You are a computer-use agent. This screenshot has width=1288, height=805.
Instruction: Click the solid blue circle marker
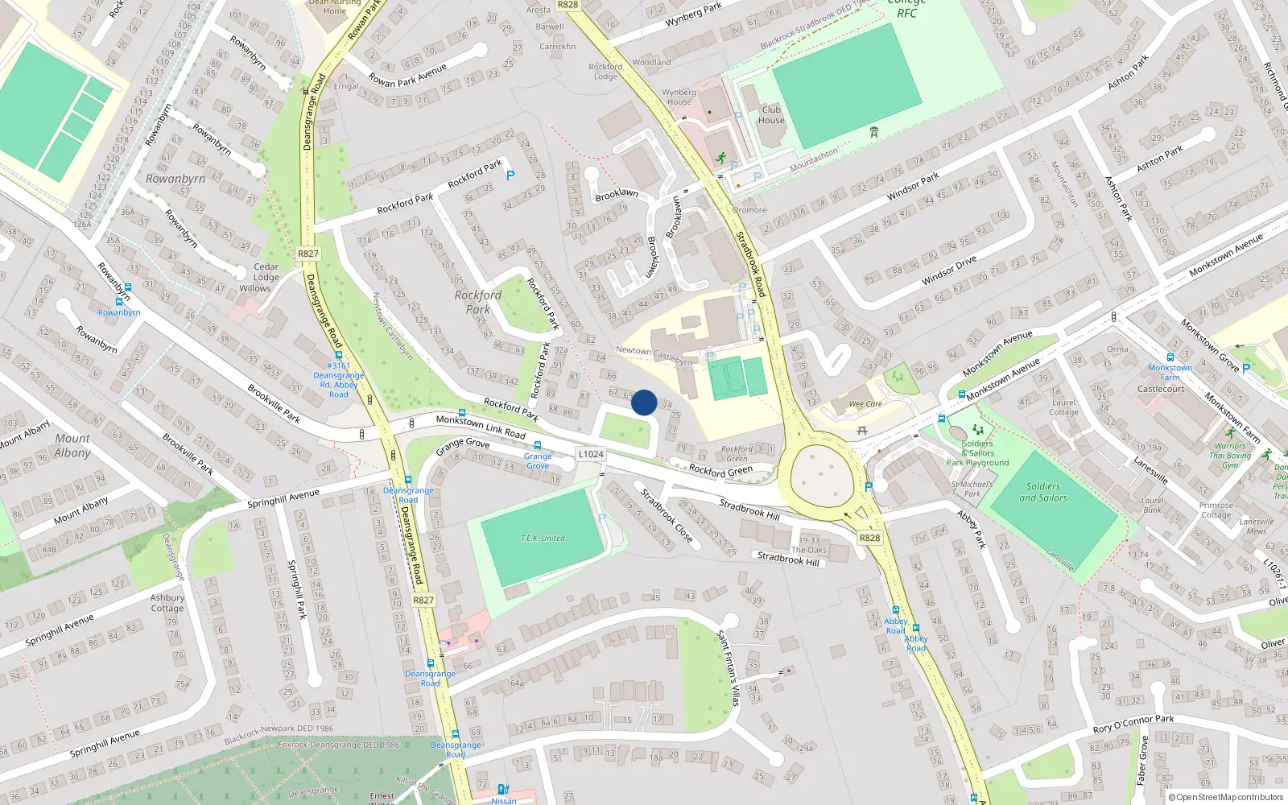pyautogui.click(x=644, y=402)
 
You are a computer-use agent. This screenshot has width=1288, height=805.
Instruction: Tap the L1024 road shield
pyautogui.click(x=591, y=454)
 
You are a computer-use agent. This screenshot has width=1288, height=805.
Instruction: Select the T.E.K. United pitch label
pyautogui.click(x=543, y=538)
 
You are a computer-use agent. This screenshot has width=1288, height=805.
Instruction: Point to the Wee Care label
pyautogui.click(x=865, y=404)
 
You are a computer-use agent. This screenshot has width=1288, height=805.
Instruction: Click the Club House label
pyautogui.click(x=771, y=115)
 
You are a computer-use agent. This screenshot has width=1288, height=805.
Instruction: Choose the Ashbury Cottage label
pyautogui.click(x=167, y=603)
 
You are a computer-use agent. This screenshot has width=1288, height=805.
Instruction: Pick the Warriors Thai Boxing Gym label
pyautogui.click(x=1230, y=456)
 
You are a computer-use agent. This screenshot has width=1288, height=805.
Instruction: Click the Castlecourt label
pyautogui.click(x=1161, y=389)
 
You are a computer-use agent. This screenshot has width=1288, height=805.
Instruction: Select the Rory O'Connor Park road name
pyautogui.click(x=1133, y=724)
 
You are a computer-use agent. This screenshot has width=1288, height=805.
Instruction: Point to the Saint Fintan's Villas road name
pyautogui.click(x=728, y=668)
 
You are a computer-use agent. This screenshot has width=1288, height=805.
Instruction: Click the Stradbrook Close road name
pyautogui.click(x=667, y=514)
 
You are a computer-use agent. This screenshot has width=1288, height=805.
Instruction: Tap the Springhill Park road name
pyautogui.click(x=297, y=590)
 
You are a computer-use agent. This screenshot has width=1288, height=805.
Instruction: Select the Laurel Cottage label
pyautogui.click(x=1063, y=407)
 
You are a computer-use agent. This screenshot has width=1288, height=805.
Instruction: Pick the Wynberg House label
pyautogui.click(x=679, y=97)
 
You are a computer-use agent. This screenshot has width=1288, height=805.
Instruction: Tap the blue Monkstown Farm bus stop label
pyautogui.click(x=1170, y=372)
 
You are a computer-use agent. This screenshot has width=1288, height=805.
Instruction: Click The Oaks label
pyautogui.click(x=809, y=551)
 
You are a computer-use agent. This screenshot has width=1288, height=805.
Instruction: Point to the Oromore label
pyautogui.click(x=749, y=210)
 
